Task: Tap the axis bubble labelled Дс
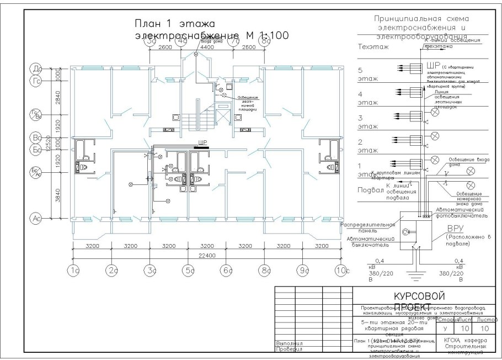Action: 38,68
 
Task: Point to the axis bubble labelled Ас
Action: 38,219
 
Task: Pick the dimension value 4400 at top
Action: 206,48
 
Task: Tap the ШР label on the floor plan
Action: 201,142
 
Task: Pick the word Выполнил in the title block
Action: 290,343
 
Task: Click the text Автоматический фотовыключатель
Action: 460,213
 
